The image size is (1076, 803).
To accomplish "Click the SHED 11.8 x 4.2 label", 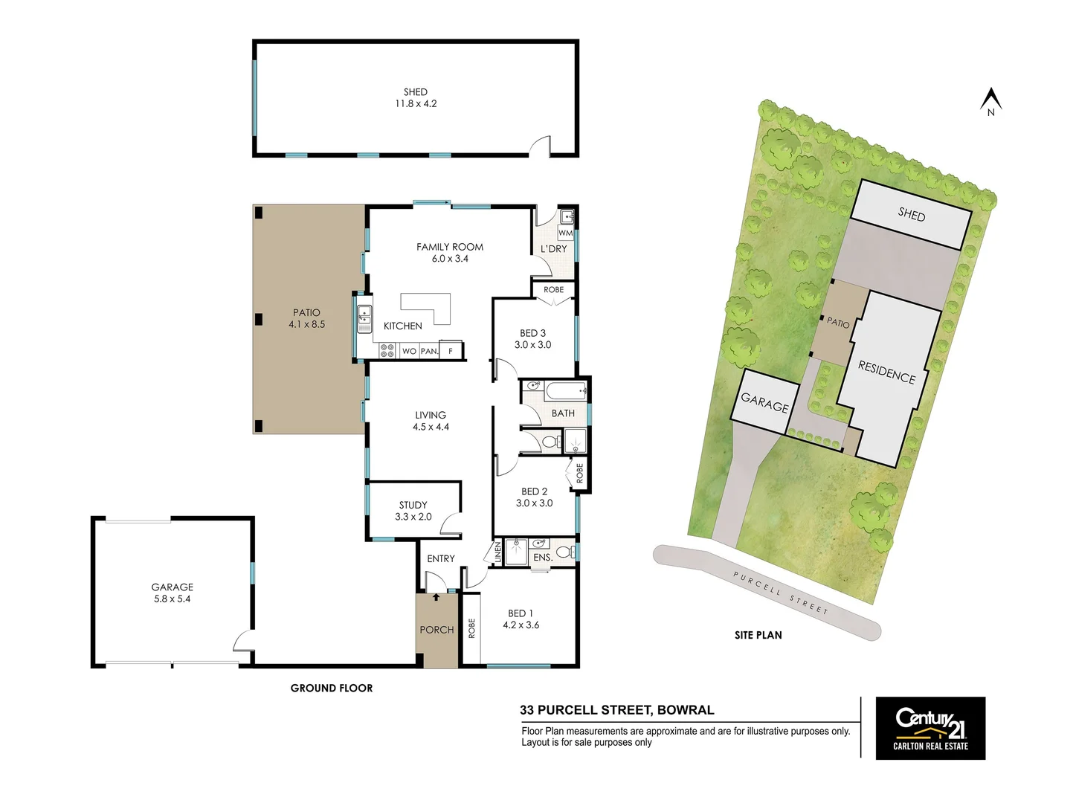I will (416, 98).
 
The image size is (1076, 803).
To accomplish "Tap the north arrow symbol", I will (990, 101).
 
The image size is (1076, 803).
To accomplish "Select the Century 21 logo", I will (930, 728).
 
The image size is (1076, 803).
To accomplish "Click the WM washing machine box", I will (565, 233).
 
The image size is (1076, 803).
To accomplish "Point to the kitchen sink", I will (364, 318).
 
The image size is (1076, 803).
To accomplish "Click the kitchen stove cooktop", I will (387, 350).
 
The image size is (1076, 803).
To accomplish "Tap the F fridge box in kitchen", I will (451, 350).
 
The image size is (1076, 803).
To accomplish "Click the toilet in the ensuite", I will (565, 552).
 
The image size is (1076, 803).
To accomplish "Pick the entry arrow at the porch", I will (436, 596).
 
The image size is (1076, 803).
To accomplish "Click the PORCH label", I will (436, 630).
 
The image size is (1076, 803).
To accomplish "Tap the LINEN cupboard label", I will (497, 552).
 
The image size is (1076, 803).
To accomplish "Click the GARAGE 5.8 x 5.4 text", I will (172, 593).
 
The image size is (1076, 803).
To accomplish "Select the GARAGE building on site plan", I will (764, 402).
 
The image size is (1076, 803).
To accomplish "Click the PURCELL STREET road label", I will (780, 593).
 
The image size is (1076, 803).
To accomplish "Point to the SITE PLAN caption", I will (758, 635).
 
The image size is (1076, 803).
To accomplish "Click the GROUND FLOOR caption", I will (332, 688).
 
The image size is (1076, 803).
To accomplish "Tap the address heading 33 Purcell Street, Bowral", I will (616, 710).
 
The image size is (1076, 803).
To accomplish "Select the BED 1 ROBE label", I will (471, 629).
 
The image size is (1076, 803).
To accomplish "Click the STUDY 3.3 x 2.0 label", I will (413, 511).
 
